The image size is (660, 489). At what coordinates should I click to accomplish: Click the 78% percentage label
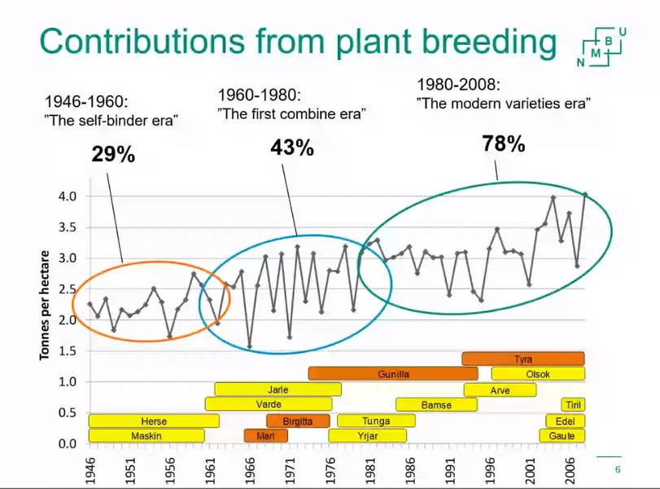pos(503,144)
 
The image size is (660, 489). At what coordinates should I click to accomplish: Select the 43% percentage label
pos(292,148)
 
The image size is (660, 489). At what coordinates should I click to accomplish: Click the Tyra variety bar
pos(522,359)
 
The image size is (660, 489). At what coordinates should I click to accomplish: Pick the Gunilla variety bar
pos(393,374)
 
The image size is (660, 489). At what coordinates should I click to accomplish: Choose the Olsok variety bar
pos(537,374)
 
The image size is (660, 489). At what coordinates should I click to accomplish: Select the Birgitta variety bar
pos(298,421)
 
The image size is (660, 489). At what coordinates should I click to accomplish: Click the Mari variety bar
pos(265,436)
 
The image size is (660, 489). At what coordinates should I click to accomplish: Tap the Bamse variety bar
pos(436,405)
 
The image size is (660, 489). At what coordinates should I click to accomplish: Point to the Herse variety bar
pos(153,421)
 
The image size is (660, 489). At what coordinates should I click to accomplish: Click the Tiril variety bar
pos(572,405)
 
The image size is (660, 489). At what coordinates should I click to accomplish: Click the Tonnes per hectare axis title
pos(47,306)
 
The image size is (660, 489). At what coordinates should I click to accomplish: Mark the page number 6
pos(617,469)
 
